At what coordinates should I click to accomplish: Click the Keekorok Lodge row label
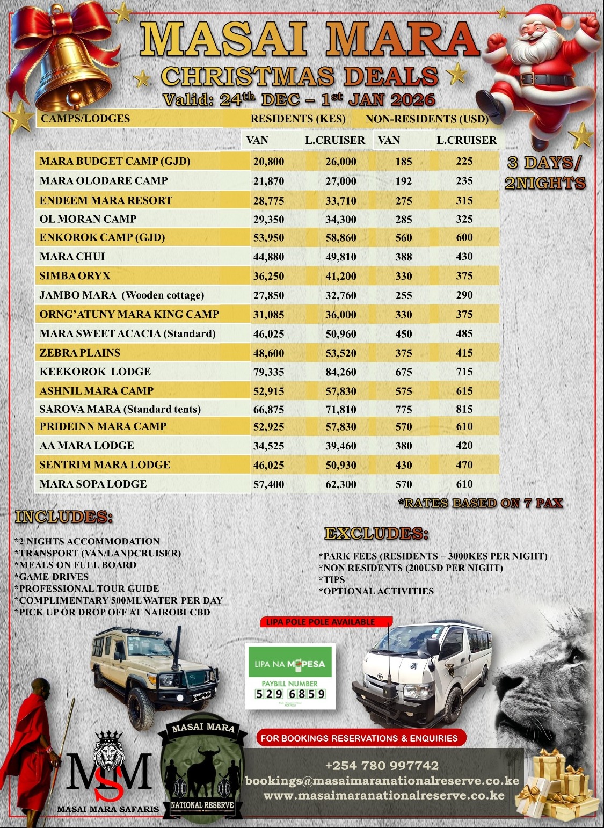click(x=95, y=372)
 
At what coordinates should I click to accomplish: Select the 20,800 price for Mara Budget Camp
click(x=268, y=162)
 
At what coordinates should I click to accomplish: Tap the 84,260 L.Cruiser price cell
click(x=340, y=372)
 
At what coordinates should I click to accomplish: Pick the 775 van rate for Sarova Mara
click(x=403, y=410)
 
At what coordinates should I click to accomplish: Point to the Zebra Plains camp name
click(x=80, y=353)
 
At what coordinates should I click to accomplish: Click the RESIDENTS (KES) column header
click(x=298, y=119)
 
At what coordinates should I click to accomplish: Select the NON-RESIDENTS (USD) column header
click(x=427, y=119)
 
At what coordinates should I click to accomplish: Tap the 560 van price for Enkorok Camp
click(x=403, y=238)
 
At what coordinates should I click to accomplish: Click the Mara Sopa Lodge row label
click(x=93, y=484)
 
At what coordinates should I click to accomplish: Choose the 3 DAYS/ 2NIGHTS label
click(x=545, y=173)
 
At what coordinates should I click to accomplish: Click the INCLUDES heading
click(x=64, y=517)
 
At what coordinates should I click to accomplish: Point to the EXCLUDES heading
click(x=376, y=534)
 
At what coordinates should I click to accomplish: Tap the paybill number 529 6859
click(x=290, y=693)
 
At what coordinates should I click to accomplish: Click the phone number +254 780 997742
click(x=382, y=766)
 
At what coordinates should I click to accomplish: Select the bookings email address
click(x=382, y=781)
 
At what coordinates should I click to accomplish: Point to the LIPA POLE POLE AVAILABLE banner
click(x=321, y=622)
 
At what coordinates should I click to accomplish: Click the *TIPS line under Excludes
click(x=334, y=579)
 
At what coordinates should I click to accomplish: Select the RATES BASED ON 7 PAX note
click(x=481, y=503)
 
